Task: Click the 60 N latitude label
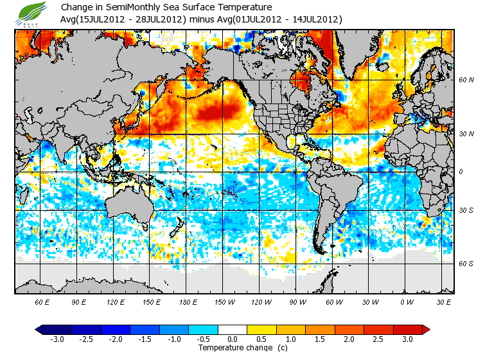point(466,80)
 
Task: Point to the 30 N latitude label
point(466,134)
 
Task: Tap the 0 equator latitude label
point(461,172)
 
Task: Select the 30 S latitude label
point(466,211)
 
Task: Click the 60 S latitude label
point(466,264)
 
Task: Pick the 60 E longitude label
point(42,301)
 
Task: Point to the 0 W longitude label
point(406,301)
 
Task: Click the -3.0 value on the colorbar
point(57,339)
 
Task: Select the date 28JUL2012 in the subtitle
point(159,19)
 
